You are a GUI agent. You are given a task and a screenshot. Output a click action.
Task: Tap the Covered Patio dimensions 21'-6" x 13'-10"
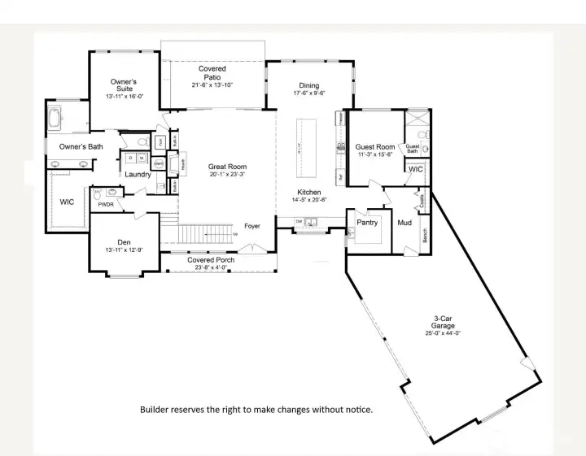(212, 85)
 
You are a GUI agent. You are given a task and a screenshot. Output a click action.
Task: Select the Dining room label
(309, 85)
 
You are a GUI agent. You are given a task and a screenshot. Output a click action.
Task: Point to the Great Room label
(227, 167)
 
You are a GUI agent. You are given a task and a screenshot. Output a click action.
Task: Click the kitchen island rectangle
(308, 149)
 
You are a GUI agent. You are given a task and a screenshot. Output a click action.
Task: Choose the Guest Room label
(375, 147)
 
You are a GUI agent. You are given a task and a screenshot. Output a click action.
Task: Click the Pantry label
(367, 222)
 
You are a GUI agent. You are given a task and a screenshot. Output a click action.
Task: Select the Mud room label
(405, 222)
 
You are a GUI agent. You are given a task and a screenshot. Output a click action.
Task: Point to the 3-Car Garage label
(444, 322)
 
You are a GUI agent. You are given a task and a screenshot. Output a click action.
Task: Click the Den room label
(124, 242)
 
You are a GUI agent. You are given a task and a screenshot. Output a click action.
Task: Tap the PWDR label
(105, 205)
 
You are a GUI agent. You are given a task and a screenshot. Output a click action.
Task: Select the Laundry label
(137, 175)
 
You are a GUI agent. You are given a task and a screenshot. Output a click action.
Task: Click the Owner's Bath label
(81, 146)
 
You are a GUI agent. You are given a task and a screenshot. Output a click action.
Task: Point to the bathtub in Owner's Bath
(55, 119)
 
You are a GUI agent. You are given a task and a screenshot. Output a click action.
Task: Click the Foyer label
(252, 226)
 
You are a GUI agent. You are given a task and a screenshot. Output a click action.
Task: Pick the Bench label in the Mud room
(425, 235)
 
